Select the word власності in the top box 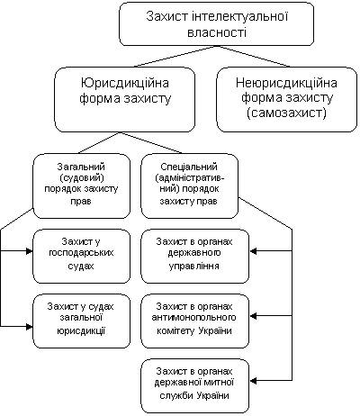tap(217, 32)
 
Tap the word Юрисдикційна tap(125, 83)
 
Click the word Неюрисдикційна tap(286, 83)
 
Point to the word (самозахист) tap(286, 113)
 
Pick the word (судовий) tap(82, 177)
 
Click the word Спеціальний tap(189, 167)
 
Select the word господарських tap(81, 253)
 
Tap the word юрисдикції tap(81, 330)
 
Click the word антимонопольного tap(193, 318)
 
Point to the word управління tap(193, 266)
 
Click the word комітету tap(175, 330)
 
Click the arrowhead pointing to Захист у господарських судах tap(30, 251)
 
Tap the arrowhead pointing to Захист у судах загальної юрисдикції tap(30, 327)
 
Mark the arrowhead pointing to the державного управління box tap(253, 251)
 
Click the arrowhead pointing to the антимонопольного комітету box tap(253, 316)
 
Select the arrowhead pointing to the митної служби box tap(253, 381)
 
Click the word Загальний tap(81, 167)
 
